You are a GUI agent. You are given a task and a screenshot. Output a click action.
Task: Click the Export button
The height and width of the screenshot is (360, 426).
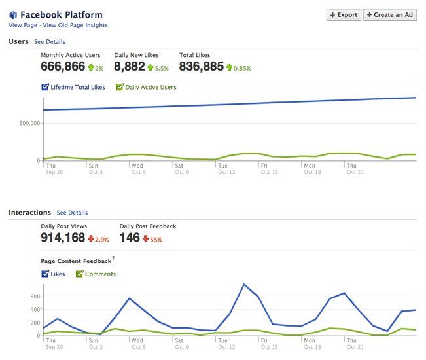(344, 14)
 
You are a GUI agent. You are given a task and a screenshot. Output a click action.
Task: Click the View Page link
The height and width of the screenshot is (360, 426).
(23, 26)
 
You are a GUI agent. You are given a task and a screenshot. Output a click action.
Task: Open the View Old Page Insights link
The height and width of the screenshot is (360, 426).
(75, 26)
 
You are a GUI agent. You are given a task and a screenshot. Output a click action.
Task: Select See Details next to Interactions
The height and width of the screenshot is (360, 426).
(72, 213)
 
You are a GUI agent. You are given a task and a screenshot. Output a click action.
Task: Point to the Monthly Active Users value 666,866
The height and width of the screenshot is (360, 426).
(63, 66)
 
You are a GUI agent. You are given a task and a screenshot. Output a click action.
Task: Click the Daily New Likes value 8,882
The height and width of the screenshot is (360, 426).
(129, 66)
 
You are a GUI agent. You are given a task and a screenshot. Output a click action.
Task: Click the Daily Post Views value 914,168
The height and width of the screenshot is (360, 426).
(63, 238)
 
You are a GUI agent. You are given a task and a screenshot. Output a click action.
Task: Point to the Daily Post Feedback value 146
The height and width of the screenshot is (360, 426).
(130, 238)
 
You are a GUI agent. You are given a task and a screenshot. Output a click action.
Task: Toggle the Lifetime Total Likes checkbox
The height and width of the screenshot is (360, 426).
(45, 87)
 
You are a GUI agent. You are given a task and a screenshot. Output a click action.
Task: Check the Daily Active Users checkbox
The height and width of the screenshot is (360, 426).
(120, 87)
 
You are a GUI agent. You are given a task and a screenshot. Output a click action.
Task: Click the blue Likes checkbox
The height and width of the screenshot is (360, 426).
(45, 274)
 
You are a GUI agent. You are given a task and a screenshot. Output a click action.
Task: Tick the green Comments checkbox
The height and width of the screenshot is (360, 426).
(80, 274)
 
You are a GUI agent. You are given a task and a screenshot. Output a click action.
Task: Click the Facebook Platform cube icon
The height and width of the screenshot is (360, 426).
(13, 14)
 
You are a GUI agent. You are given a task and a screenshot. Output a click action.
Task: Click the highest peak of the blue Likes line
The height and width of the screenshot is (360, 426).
(244, 284)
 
